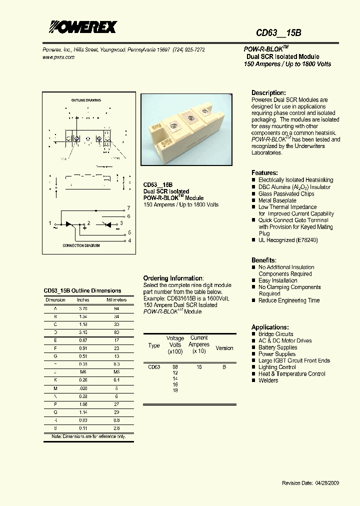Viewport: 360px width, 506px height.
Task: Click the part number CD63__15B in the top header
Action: tap(278, 33)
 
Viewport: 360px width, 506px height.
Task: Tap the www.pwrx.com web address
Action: tap(58, 57)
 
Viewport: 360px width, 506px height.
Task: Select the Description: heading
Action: tap(268, 93)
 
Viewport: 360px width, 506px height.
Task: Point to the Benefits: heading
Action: tap(263, 260)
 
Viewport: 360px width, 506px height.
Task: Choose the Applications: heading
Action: tap(270, 327)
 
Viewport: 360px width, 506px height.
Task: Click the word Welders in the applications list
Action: tap(268, 380)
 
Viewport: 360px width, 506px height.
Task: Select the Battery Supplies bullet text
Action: tap(277, 347)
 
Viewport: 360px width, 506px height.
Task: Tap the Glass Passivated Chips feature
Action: tap(286, 193)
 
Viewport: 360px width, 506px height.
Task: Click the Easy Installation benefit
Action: tap(277, 280)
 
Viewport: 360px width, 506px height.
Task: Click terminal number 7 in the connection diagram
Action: tap(128, 207)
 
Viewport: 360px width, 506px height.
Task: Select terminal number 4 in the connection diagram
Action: tap(129, 240)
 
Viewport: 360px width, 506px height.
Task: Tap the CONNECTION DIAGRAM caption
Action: tap(81, 246)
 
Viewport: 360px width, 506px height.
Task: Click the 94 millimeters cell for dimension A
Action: tap(116, 309)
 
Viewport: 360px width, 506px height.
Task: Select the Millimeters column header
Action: tap(116, 300)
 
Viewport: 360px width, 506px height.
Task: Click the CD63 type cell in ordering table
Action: tap(154, 367)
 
